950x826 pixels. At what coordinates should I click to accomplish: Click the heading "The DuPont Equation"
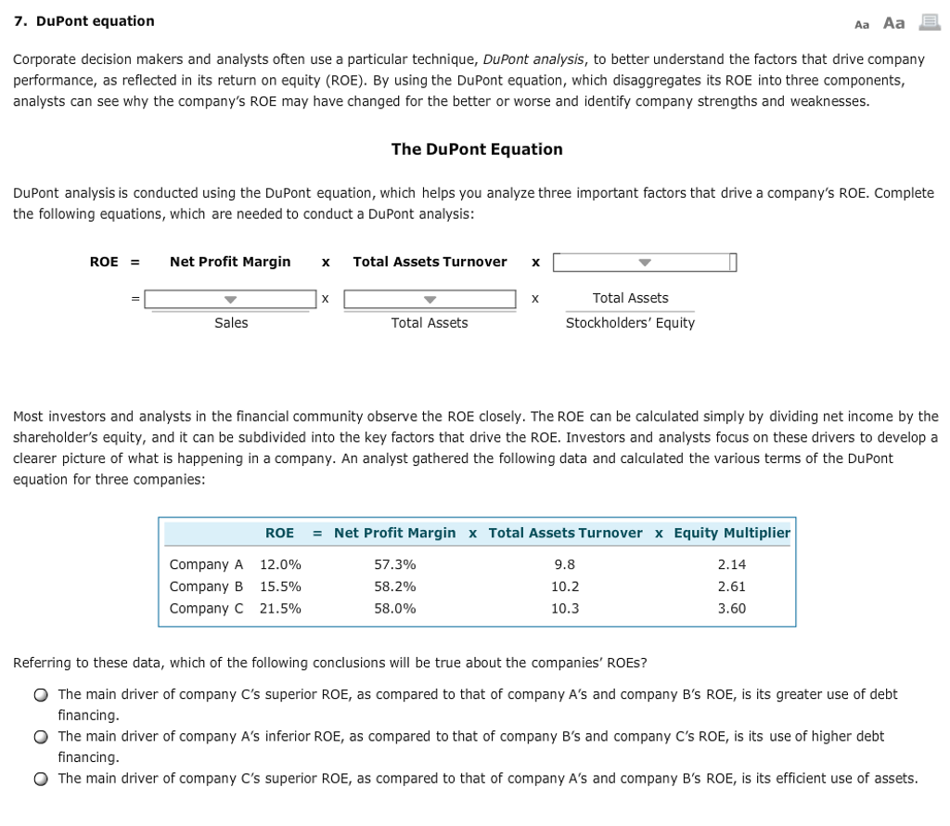477,149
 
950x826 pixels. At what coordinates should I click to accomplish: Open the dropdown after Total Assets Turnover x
644,263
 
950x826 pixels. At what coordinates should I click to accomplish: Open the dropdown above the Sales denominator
230,299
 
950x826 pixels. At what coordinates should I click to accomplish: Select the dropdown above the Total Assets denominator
430,299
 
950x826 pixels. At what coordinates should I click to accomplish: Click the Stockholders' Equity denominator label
630,323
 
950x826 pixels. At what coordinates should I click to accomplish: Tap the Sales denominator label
231,323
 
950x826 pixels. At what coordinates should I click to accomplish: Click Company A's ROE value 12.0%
280,564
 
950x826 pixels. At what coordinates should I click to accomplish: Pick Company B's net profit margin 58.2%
394,587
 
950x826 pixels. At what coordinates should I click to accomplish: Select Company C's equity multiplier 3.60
731,609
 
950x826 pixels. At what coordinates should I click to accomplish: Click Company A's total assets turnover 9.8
564,564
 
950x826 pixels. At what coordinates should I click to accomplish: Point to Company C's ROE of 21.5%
280,609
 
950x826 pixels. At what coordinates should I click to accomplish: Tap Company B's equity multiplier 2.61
731,587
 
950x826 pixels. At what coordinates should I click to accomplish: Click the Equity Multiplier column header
732,533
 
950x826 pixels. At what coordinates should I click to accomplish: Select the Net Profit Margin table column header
394,533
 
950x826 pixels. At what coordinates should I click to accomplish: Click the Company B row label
206,587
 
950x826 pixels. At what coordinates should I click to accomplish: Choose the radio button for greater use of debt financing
41,695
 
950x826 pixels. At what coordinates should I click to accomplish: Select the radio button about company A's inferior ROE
41,737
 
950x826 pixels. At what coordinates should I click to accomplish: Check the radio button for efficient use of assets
41,779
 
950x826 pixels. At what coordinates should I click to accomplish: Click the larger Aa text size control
894,22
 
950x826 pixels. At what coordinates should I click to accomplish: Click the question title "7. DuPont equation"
83,20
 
